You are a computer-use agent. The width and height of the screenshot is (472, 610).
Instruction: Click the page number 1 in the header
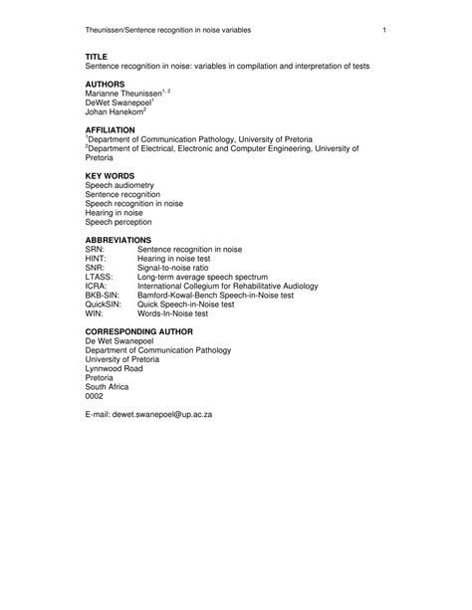383,39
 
